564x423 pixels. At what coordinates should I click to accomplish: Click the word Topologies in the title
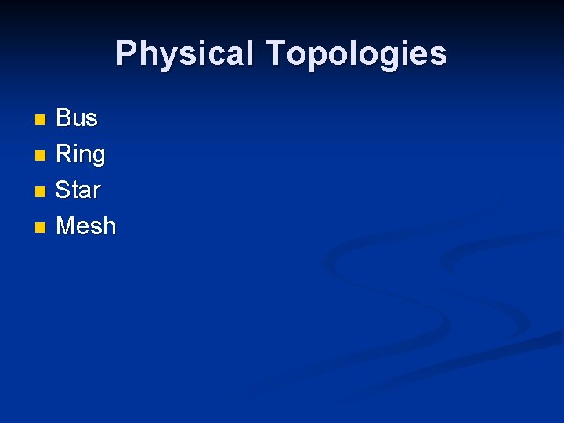[x=356, y=54]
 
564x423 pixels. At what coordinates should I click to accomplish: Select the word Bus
[x=77, y=118]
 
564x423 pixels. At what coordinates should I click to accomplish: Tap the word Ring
[x=80, y=154]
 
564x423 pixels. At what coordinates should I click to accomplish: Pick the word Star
[x=78, y=190]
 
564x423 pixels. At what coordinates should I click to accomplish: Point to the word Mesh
[x=86, y=226]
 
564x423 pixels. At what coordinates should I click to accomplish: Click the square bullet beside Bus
[x=41, y=120]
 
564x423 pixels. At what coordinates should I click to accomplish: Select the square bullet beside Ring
[x=41, y=156]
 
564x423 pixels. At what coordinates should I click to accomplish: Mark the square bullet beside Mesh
[x=41, y=228]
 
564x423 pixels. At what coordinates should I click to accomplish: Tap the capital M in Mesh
[x=67, y=226]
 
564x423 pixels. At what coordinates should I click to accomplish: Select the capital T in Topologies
[x=277, y=54]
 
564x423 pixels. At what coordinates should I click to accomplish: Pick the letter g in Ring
[x=97, y=157]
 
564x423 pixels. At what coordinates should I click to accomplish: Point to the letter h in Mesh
[x=108, y=226]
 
